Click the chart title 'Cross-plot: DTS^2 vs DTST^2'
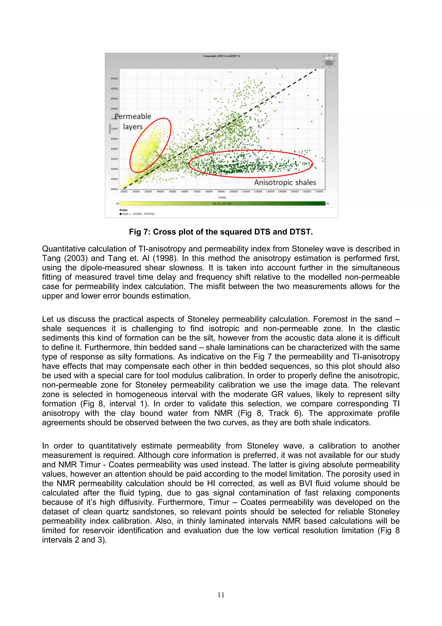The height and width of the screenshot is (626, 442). tap(221, 56)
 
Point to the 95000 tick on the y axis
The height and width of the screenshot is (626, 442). tap(114, 79)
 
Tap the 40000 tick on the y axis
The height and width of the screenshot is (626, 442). tap(114, 189)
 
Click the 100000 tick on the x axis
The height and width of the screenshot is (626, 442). tap(233, 192)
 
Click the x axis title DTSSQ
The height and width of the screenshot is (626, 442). tap(222, 197)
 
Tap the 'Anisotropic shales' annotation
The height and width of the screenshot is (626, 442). tap(285, 182)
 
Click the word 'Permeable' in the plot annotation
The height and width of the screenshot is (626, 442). tap(133, 116)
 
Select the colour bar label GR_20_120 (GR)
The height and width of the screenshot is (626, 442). tap(222, 203)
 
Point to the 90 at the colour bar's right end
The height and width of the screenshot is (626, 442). tap(328, 204)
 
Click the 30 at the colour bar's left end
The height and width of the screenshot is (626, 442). tap(117, 204)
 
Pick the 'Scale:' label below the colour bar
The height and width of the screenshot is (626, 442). tap(124, 210)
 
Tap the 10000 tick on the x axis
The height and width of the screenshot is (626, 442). tap(124, 192)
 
